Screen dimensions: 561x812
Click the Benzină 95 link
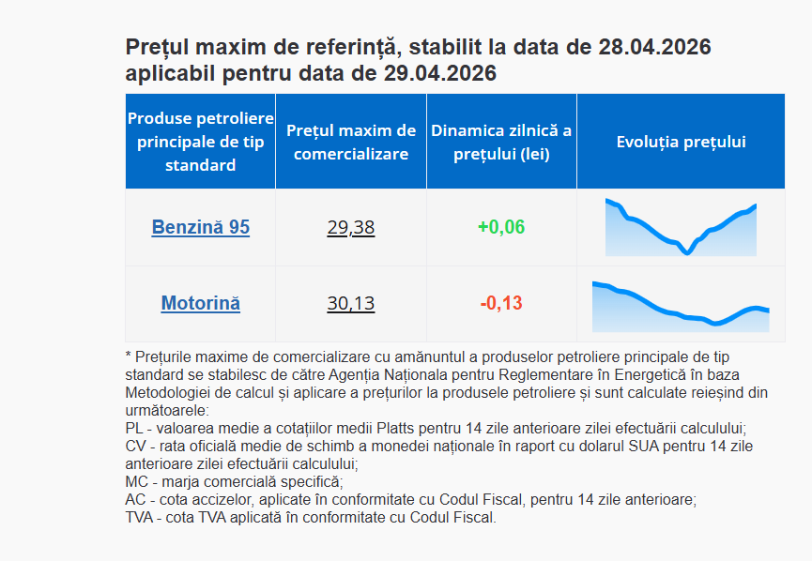click(200, 227)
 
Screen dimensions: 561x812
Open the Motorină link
click(200, 303)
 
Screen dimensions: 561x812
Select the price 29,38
click(351, 227)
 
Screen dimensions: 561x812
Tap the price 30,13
click(351, 303)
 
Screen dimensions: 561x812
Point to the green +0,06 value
click(501, 227)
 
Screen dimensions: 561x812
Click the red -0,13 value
click(501, 303)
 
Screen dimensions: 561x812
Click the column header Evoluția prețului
click(681, 142)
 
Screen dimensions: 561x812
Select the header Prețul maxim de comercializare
click(351, 142)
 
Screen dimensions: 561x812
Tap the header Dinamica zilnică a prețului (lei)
click(501, 142)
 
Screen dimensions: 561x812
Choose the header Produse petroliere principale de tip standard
click(200, 142)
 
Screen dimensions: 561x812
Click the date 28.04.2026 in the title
click(653, 47)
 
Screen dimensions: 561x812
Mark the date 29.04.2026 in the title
click(440, 73)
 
